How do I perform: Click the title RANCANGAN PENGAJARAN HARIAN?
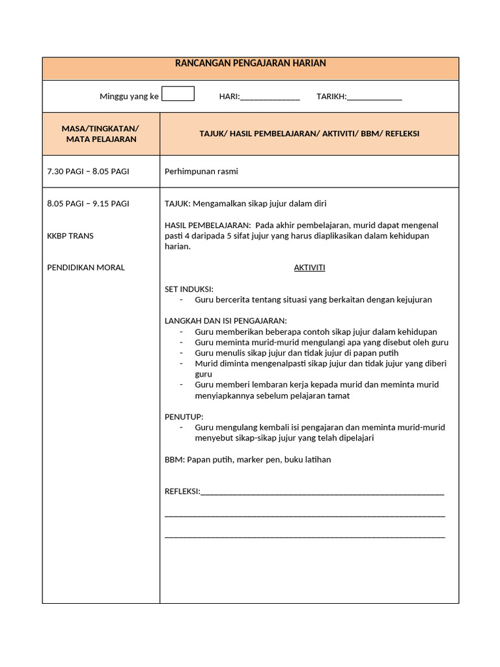(x=251, y=64)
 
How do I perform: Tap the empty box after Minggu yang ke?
(x=178, y=94)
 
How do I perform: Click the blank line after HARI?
(x=270, y=98)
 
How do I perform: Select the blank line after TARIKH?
(x=374, y=98)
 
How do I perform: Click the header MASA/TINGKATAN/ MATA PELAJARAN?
(x=101, y=134)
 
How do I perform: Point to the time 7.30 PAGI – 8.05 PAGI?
(x=88, y=171)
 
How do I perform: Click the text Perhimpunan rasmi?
(x=201, y=171)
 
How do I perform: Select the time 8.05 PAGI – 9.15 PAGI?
(x=88, y=203)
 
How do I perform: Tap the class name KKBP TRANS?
(x=70, y=236)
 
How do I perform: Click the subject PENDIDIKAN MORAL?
(x=86, y=268)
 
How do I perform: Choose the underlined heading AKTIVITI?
(x=309, y=268)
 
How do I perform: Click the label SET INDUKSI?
(x=189, y=289)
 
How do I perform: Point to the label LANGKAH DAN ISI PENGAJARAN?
(x=225, y=320)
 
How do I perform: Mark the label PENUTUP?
(x=184, y=416)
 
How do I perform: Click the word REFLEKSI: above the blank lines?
(x=182, y=491)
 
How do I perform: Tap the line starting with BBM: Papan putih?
(x=247, y=459)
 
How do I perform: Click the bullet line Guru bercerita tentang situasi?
(x=312, y=300)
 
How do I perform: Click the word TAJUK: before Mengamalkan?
(x=176, y=203)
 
